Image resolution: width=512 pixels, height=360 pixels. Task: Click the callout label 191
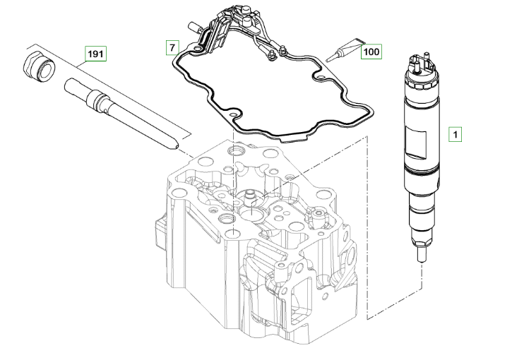pyautogui.click(x=95, y=53)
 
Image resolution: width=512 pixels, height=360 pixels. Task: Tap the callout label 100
pyautogui.click(x=371, y=51)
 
